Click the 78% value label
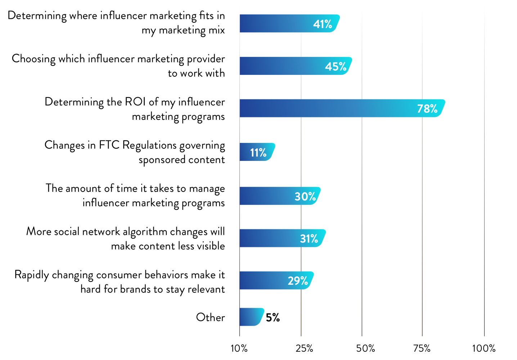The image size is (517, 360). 427,109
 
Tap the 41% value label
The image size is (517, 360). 322,24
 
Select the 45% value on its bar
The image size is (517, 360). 336,67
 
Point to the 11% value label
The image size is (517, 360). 258,153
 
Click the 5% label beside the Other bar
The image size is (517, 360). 273,318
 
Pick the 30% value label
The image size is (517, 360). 305,197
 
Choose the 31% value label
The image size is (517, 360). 309,239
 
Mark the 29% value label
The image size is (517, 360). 298,281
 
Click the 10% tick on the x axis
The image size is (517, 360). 239,348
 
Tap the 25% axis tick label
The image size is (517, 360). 304,348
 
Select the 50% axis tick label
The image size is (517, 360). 365,348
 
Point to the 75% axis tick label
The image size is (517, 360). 422,348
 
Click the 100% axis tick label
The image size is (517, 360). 484,348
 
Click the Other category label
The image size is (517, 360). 210,318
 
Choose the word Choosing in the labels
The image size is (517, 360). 33,59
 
